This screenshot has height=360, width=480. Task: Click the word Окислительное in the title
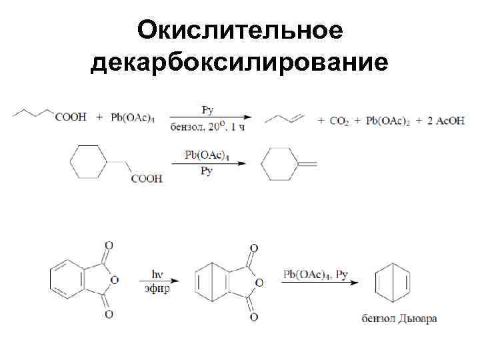(240, 30)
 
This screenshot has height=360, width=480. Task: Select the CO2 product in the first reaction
(339, 121)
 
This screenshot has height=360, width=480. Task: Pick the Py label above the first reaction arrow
(206, 108)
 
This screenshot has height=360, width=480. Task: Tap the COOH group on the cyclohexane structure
(147, 179)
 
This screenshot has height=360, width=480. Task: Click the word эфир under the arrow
(157, 289)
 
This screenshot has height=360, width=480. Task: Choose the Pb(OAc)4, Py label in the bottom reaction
(316, 274)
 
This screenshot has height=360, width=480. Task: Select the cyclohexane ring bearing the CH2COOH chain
(88, 162)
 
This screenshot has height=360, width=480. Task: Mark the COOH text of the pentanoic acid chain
(71, 117)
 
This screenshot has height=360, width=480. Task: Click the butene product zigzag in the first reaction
(285, 119)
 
